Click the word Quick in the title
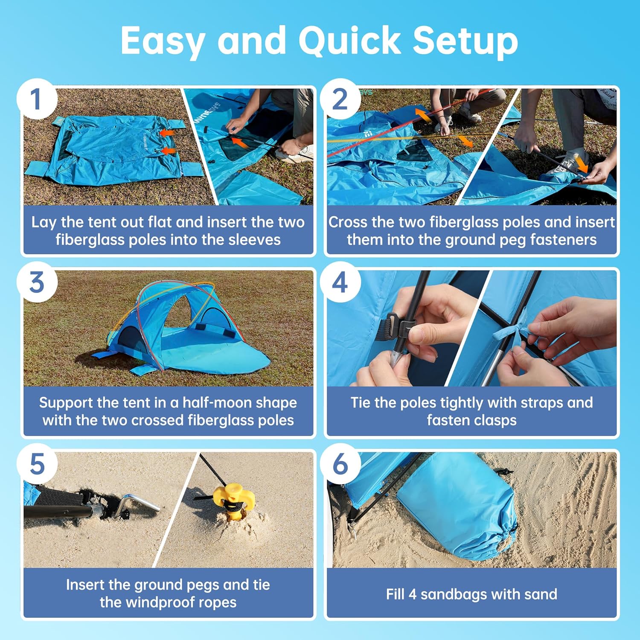[x=349, y=41]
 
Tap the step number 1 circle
[x=37, y=99]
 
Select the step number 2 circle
[x=340, y=99]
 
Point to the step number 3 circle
[x=37, y=282]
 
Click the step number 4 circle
[x=340, y=282]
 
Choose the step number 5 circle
[x=37, y=464]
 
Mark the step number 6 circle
[x=340, y=464]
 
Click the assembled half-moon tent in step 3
[x=179, y=329]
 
